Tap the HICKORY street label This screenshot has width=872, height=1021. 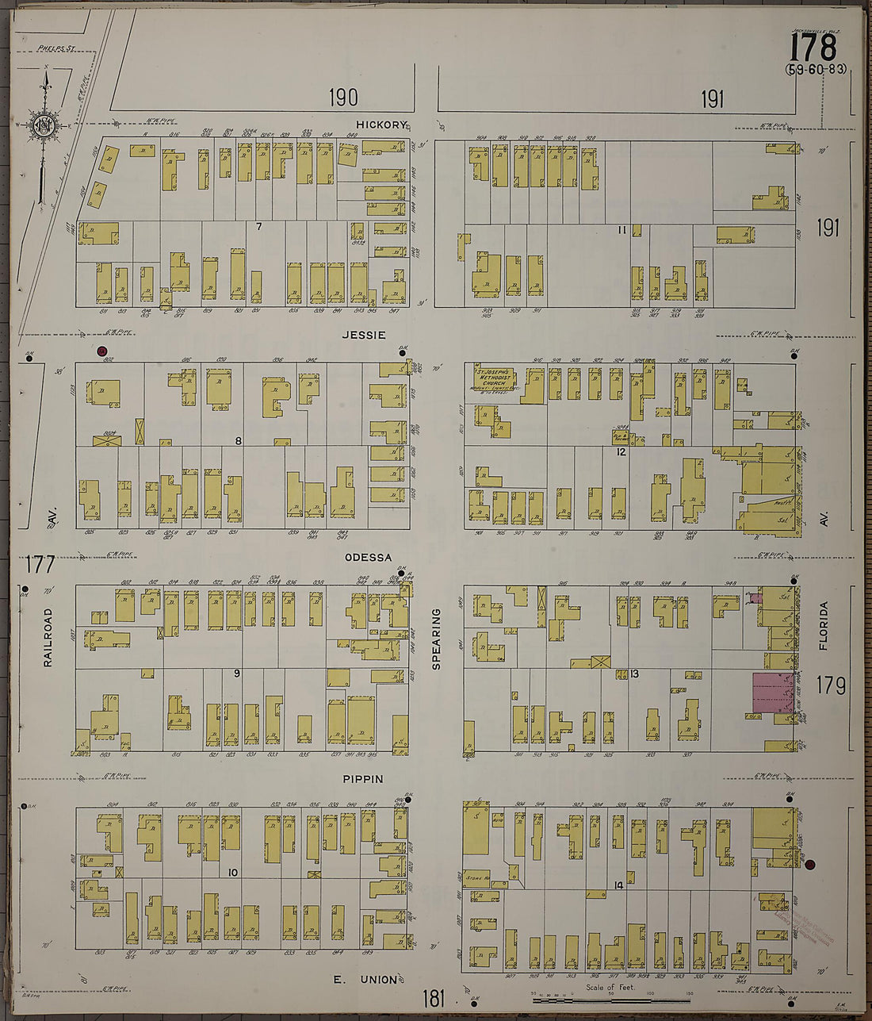[x=381, y=125]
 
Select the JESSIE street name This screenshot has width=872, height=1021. [x=363, y=335]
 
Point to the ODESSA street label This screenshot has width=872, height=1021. [x=368, y=557]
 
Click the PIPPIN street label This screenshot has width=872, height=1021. [x=362, y=779]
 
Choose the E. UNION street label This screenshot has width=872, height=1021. [x=365, y=980]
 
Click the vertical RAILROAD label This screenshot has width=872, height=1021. [x=48, y=637]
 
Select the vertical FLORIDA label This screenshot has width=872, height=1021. [x=824, y=626]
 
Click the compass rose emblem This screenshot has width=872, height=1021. [x=44, y=125]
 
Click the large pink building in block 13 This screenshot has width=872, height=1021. [x=772, y=692]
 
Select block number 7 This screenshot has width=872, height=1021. [x=258, y=227]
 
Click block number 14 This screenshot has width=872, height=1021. [x=618, y=885]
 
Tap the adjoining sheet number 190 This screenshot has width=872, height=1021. [x=343, y=98]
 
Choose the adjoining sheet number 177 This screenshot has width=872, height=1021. [x=40, y=564]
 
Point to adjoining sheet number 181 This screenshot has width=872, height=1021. [x=434, y=996]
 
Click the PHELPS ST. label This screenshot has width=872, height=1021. [x=55, y=48]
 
